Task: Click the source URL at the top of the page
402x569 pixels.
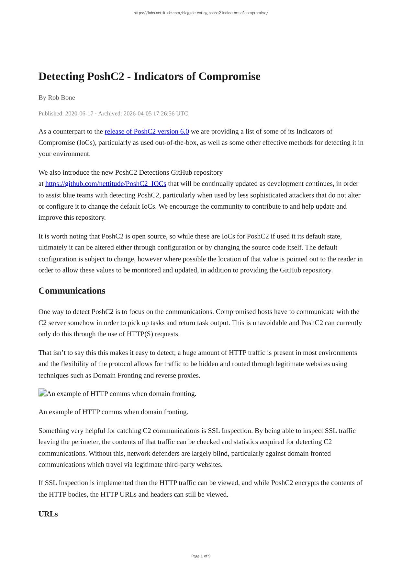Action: pos(201,13)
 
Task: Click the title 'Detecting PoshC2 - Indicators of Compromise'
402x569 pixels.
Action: pos(149,76)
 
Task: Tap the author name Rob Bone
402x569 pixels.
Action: pos(61,98)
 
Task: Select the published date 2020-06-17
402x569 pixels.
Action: pos(79,113)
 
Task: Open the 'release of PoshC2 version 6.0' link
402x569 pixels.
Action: pos(147,132)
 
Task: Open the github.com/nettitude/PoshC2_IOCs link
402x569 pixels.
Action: pos(106,184)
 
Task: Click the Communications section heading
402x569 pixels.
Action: pos(72,291)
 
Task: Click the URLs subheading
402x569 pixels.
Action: pos(48,514)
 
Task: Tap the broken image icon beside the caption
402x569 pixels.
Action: pos(42,393)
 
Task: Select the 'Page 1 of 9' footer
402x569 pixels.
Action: pos(201,556)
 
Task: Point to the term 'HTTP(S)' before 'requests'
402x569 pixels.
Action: pos(140,334)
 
